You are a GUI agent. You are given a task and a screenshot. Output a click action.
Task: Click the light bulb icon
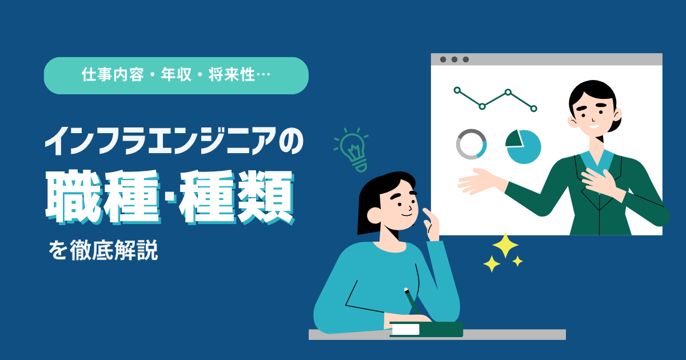pyautogui.click(x=352, y=150)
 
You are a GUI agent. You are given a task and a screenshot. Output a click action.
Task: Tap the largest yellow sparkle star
pyautogui.click(x=505, y=245)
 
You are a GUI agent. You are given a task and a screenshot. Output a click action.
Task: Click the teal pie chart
pyautogui.click(x=524, y=147)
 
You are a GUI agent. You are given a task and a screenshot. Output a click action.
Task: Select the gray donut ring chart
pyautogui.click(x=471, y=144)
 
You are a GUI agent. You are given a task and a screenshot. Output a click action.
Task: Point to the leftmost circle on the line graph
pyautogui.click(x=457, y=90)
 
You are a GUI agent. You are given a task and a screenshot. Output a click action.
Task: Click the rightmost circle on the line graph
pyautogui.click(x=533, y=109)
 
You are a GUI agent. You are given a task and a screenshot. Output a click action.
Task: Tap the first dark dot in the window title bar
pyautogui.click(x=443, y=59)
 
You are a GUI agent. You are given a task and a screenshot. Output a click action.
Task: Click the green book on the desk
pyautogui.click(x=426, y=329)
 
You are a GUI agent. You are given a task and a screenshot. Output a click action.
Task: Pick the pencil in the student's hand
pyautogui.click(x=412, y=301)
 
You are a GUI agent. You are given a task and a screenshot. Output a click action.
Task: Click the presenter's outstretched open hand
pyautogui.click(x=479, y=181)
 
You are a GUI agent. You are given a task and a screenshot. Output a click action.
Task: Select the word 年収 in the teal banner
pyautogui.click(x=176, y=75)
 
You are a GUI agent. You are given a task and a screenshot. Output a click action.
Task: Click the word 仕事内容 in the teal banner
pyautogui.click(x=113, y=75)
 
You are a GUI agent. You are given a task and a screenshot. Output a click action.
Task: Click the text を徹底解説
pyautogui.click(x=103, y=250)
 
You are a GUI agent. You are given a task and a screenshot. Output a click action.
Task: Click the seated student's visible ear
pyautogui.click(x=374, y=216)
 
